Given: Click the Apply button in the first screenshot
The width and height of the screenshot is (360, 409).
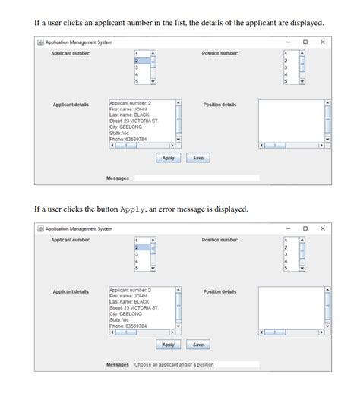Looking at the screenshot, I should click(x=169, y=158).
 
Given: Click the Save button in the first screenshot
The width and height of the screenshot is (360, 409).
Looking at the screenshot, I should click(x=197, y=158).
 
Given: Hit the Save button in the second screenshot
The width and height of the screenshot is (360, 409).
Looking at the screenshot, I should click(x=197, y=345).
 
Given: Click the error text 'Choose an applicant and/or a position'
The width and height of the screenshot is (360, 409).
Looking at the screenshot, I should click(x=174, y=365).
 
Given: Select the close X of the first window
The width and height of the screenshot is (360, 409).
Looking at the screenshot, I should click(x=323, y=42).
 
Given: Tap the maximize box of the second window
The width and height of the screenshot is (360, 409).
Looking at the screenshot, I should click(x=305, y=228).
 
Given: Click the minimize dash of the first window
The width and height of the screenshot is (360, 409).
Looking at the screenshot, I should click(x=288, y=42).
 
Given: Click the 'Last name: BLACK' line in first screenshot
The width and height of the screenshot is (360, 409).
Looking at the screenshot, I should click(x=130, y=115).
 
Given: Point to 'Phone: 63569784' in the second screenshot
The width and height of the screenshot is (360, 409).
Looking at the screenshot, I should click(x=129, y=326).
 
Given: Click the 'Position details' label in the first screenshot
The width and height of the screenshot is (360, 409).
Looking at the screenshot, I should click(x=219, y=105).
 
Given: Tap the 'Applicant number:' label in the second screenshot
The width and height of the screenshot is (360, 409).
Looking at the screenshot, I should click(x=71, y=240).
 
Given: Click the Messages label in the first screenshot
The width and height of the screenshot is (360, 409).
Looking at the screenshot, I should click(x=117, y=178).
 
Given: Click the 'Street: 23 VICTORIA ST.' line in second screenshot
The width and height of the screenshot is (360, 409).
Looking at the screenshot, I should click(x=134, y=308).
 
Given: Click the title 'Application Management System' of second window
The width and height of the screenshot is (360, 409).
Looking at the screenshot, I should click(x=78, y=228).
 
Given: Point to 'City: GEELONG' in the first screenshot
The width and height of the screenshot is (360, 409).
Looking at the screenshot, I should click(x=126, y=127).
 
